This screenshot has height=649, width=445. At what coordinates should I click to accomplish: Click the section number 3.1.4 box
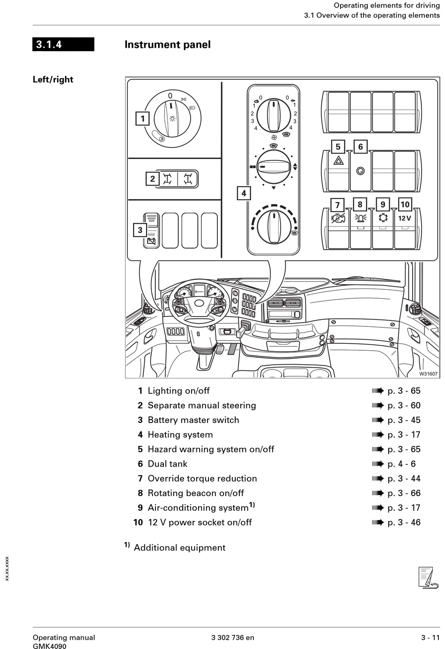[x=63, y=45]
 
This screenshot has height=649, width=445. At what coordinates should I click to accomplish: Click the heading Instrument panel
[x=167, y=45]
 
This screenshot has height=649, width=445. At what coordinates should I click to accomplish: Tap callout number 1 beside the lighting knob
[x=143, y=119]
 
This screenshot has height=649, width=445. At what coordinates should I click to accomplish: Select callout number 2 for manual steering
[x=152, y=179]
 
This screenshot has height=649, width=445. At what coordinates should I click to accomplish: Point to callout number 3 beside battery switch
[x=140, y=230]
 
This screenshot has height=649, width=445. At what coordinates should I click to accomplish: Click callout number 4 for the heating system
[x=244, y=193]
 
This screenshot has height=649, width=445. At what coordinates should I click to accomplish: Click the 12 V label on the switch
[x=405, y=218]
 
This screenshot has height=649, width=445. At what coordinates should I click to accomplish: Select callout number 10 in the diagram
[x=405, y=204]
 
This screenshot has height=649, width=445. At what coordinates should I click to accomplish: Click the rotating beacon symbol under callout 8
[x=360, y=218]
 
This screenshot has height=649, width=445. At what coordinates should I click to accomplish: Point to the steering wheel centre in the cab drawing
[x=199, y=303]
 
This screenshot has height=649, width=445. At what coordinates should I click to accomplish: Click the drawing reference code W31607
[x=428, y=374]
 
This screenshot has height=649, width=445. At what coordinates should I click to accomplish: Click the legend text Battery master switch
[x=193, y=420]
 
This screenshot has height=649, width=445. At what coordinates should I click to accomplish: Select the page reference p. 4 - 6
[x=401, y=464]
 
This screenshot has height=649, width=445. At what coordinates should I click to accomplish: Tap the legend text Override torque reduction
[x=202, y=478]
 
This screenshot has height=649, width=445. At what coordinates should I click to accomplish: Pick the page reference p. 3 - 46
[x=404, y=522]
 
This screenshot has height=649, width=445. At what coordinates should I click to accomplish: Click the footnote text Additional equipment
[x=179, y=548]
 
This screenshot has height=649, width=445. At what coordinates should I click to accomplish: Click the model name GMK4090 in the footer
[x=49, y=646]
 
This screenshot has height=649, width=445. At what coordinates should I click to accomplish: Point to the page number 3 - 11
[x=430, y=637]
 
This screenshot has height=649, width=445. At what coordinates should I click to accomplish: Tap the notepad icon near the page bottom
[x=427, y=577]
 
